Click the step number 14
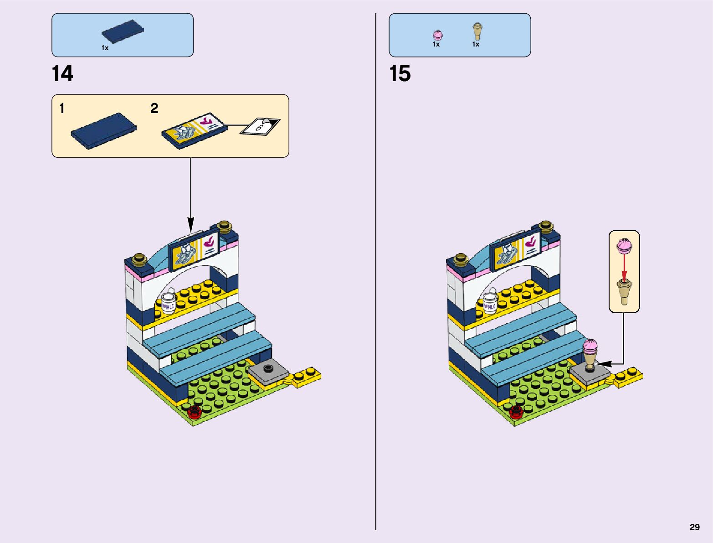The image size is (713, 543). click(x=62, y=74)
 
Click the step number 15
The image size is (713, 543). click(x=400, y=74)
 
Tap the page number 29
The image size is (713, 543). click(x=694, y=527)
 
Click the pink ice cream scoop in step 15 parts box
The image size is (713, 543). click(x=437, y=35)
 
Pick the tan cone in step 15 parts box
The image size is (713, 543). click(x=477, y=32)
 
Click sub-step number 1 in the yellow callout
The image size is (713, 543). click(x=62, y=109)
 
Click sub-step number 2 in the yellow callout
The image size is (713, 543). click(x=154, y=109)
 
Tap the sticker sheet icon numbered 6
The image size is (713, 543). click(x=261, y=126)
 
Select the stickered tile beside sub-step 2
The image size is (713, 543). click(x=195, y=129)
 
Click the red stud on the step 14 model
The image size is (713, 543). click(x=195, y=411)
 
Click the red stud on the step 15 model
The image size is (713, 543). click(x=516, y=411)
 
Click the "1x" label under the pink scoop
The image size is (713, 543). click(x=436, y=45)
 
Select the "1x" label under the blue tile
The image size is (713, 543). click(x=105, y=48)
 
